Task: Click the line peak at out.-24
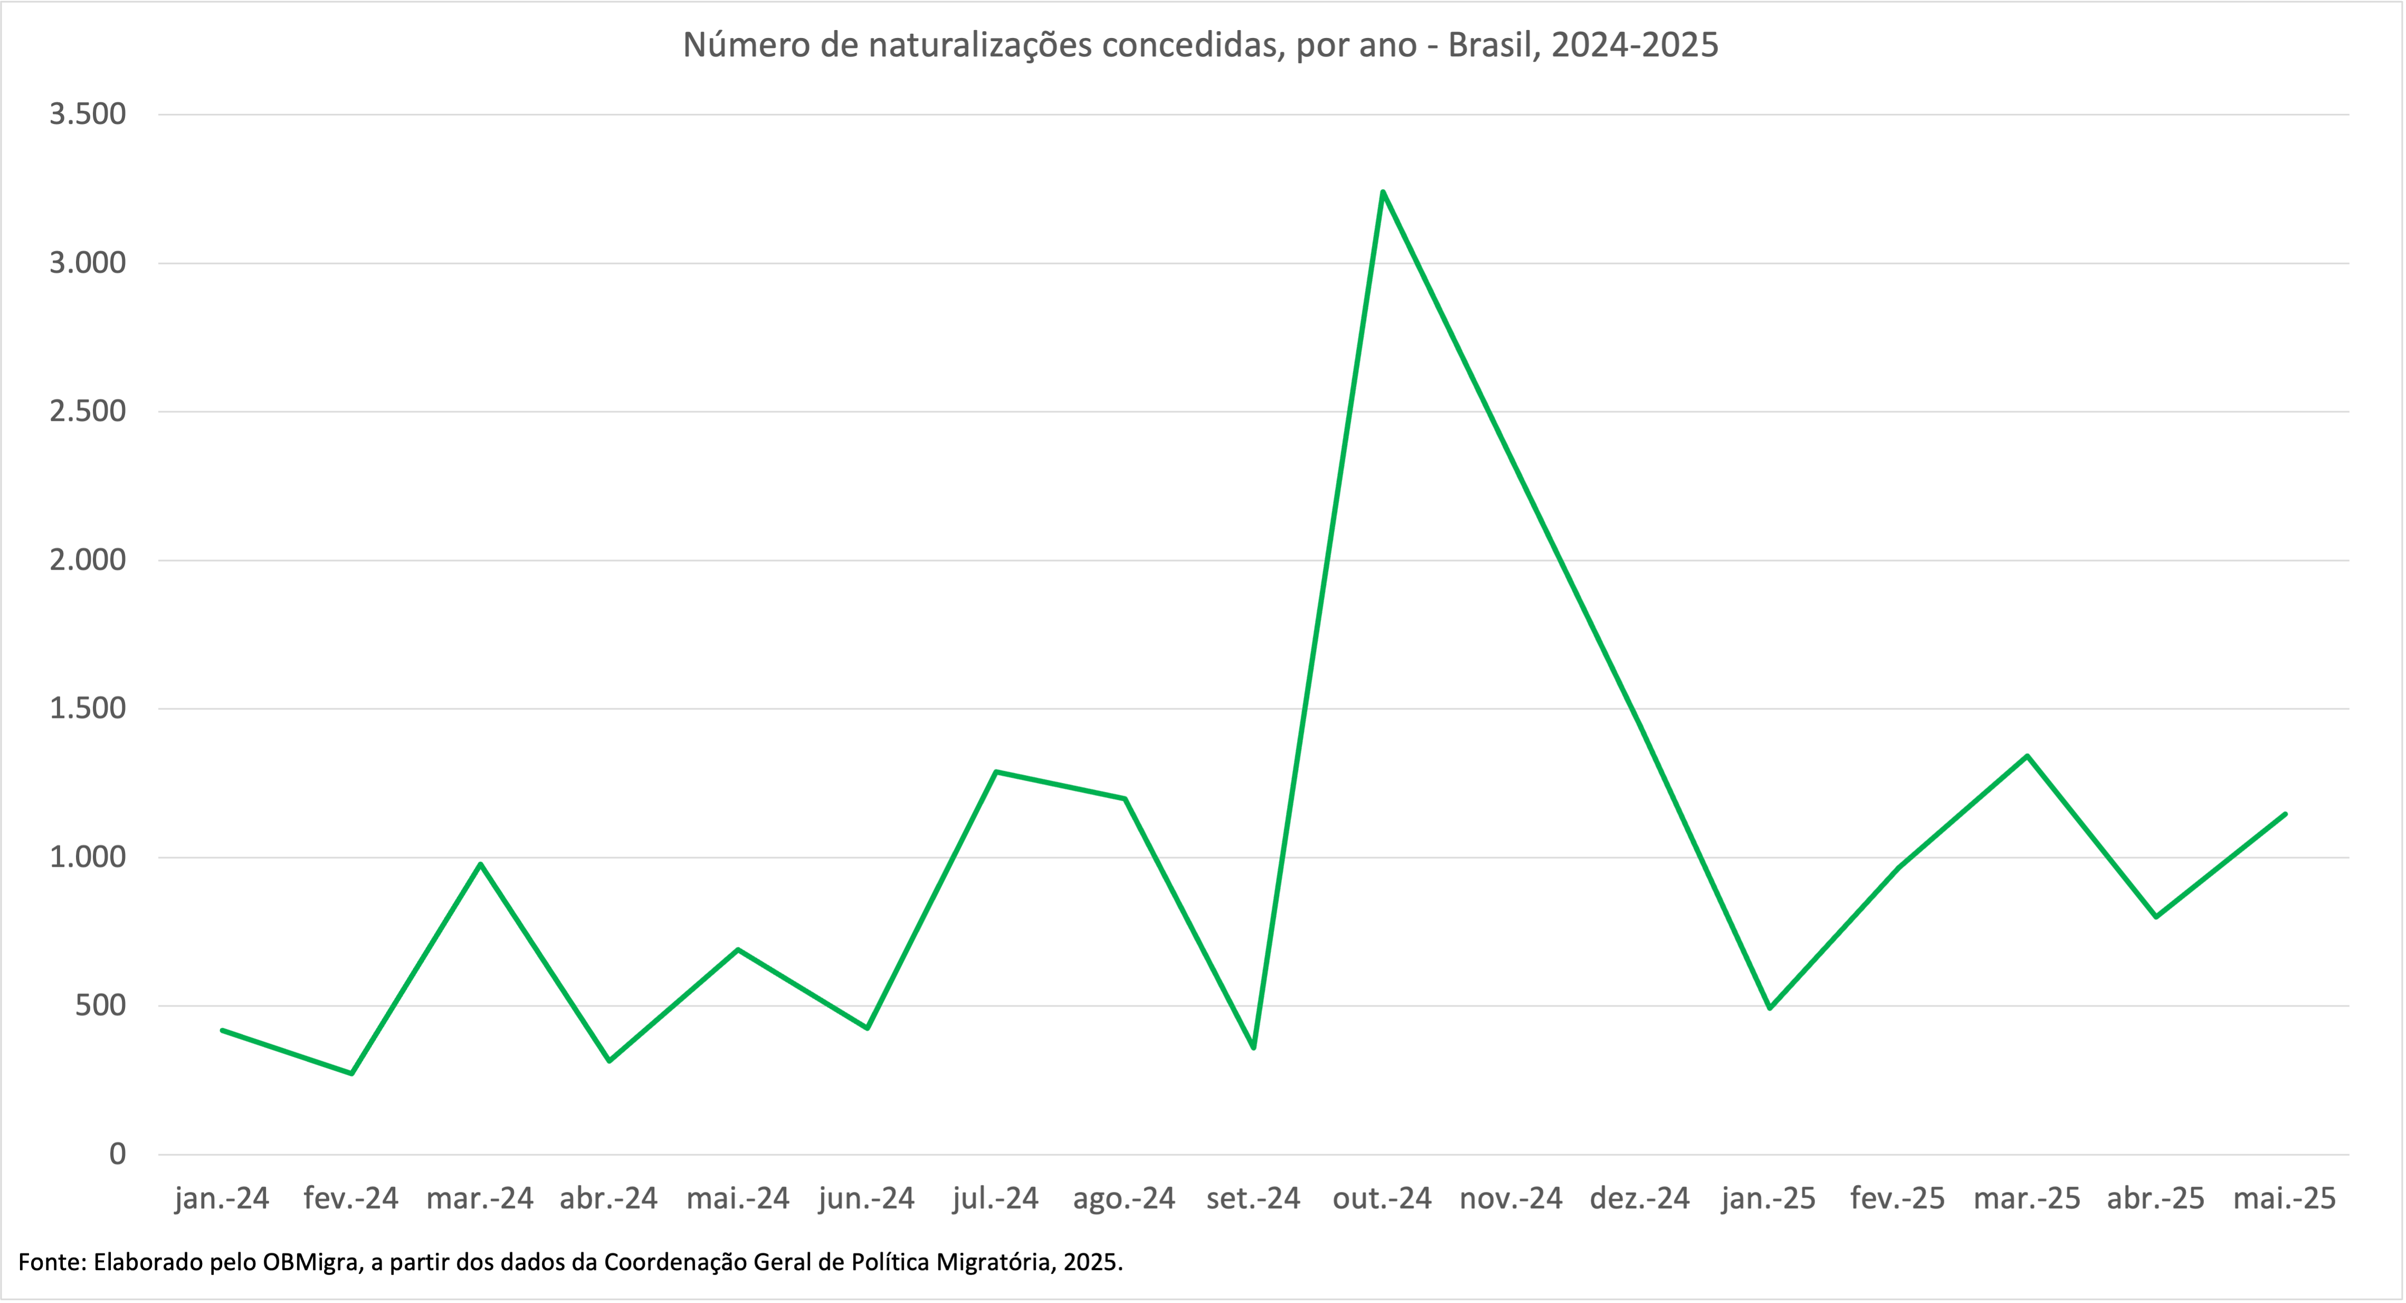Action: pyautogui.click(x=1382, y=191)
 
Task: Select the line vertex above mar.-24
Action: pyautogui.click(x=480, y=864)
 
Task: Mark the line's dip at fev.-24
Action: pyautogui.click(x=351, y=1073)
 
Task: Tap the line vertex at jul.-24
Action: pyautogui.click(x=996, y=772)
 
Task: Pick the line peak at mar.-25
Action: pyautogui.click(x=2027, y=755)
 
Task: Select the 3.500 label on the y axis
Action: pyautogui.click(x=88, y=114)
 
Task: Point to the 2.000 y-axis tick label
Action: pyautogui.click(x=88, y=560)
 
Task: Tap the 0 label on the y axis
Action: pyautogui.click(x=117, y=1154)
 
